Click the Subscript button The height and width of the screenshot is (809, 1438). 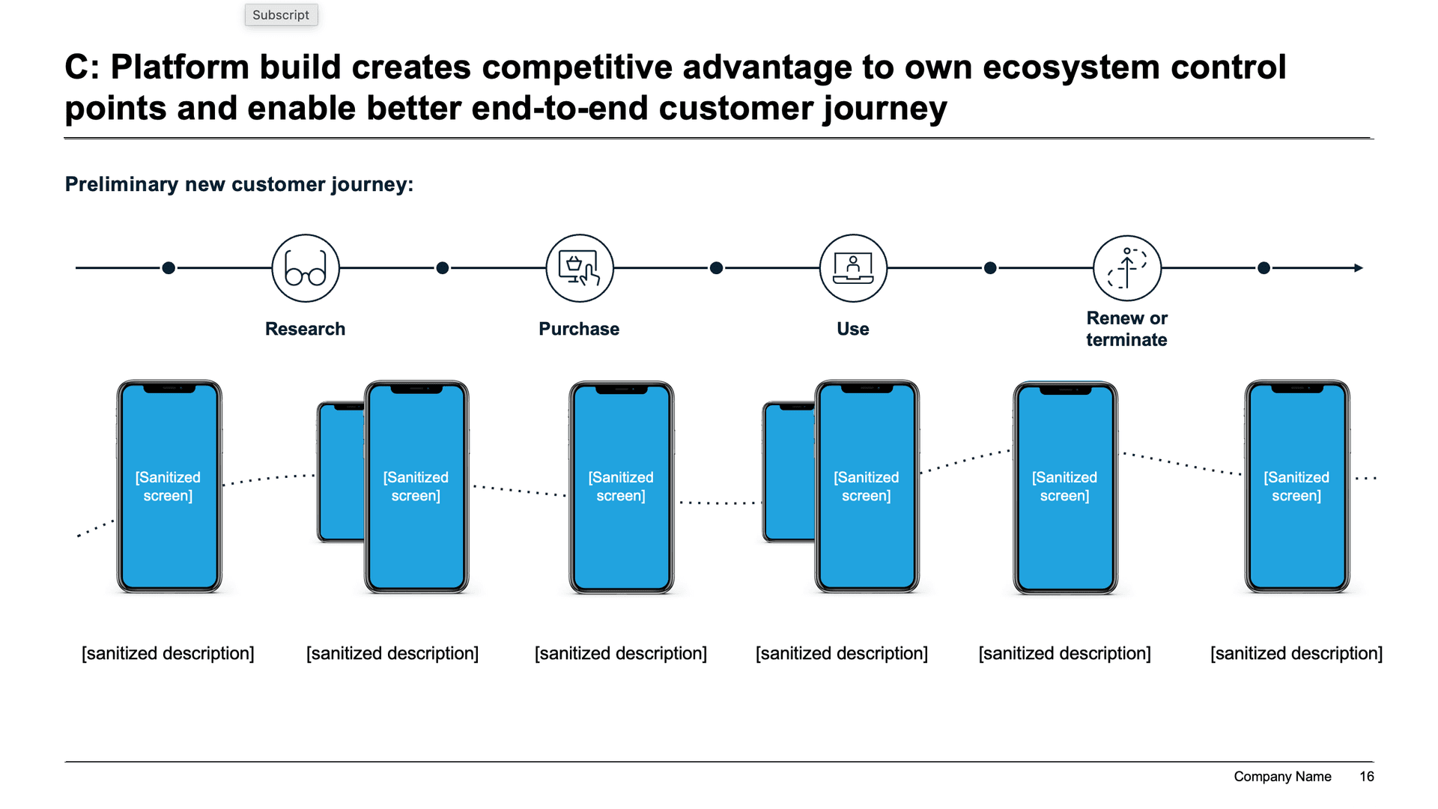(281, 15)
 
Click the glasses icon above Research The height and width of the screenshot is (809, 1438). (306, 268)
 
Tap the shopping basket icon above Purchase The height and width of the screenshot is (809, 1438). (580, 268)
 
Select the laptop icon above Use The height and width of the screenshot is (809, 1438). (853, 268)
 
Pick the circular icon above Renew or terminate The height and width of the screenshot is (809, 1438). (1127, 268)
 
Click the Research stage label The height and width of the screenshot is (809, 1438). (305, 329)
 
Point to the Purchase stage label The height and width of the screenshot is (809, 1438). (579, 329)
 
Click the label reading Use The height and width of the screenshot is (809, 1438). (852, 329)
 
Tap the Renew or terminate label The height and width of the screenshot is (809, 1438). (1126, 329)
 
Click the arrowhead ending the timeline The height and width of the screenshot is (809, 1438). (1359, 268)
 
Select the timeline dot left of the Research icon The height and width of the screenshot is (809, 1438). (169, 268)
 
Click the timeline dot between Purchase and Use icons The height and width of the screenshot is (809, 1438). (716, 268)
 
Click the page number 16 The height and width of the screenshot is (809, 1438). (1366, 777)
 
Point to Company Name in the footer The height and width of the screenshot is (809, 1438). (1282, 777)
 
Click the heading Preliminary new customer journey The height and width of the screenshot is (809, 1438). (239, 184)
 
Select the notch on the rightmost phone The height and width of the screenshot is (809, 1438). (1297, 389)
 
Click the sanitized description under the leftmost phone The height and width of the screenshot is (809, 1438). (168, 653)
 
